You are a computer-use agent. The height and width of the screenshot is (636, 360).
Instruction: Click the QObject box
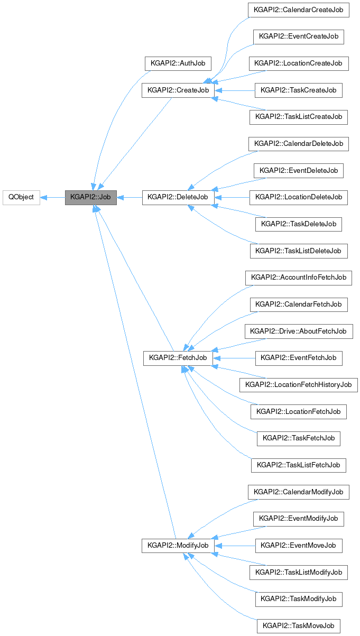tap(21, 197)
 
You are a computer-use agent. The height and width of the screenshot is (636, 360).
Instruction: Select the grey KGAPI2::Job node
tap(90, 197)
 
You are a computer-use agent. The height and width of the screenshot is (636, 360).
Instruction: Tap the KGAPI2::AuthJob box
tap(178, 63)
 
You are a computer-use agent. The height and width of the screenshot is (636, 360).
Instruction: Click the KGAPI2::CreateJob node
tap(178, 90)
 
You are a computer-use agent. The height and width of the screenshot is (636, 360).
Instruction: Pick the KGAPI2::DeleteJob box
tap(178, 197)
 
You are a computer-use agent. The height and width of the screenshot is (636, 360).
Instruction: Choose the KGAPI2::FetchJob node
tap(178, 358)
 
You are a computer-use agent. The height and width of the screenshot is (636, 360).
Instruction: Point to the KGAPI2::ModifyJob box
tap(178, 545)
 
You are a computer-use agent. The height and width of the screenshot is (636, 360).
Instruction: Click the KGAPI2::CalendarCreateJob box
tap(298, 10)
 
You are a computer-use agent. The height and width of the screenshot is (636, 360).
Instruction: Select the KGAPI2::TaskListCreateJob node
tap(298, 117)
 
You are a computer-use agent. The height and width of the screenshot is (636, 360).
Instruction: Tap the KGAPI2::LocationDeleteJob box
tap(299, 197)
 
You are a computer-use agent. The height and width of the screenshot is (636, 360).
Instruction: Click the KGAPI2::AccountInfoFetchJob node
tap(299, 278)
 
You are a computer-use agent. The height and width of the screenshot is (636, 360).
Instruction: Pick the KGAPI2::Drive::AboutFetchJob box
tap(299, 331)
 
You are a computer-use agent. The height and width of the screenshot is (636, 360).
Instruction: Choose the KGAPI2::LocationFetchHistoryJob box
tap(299, 385)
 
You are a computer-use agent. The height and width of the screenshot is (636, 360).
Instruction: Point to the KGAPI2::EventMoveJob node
tap(299, 545)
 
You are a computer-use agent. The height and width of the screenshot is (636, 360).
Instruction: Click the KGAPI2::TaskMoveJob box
tap(299, 625)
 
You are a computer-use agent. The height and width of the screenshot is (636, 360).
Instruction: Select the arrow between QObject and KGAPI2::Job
tap(52, 197)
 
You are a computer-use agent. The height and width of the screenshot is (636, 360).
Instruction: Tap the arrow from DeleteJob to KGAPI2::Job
tap(130, 197)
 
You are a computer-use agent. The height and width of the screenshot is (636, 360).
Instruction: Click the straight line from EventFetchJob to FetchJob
tap(235, 358)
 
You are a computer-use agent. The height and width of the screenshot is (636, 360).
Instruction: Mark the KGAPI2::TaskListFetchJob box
tap(299, 465)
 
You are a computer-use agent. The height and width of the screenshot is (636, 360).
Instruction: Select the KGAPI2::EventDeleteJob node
tap(299, 171)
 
